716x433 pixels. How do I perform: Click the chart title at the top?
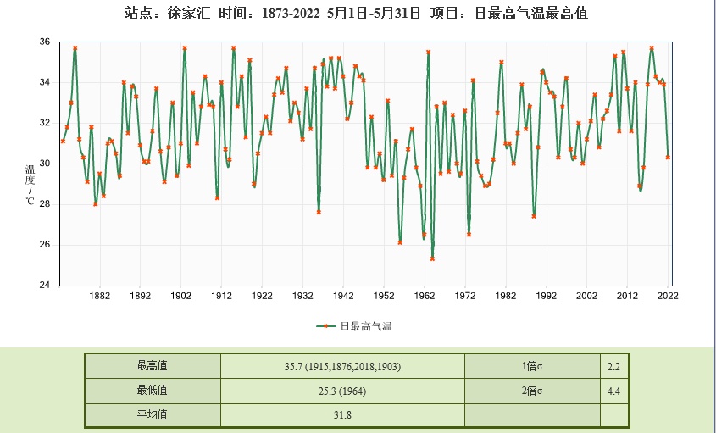coord(357,14)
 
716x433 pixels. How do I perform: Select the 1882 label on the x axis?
coord(100,296)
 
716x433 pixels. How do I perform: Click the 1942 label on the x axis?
coord(343,296)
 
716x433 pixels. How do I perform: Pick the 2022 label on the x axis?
coord(668,296)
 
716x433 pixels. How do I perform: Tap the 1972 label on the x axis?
coord(465,296)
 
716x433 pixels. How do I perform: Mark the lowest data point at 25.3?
coord(432,258)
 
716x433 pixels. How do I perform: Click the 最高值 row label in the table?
coord(152,366)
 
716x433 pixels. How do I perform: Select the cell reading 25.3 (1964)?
coord(342,391)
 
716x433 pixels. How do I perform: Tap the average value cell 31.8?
coord(342,415)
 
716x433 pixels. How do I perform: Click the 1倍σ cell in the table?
coord(531,366)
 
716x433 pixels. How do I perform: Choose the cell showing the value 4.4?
coord(614,391)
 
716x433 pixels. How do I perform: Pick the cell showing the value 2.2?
coord(614,366)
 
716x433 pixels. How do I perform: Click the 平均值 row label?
coord(152,415)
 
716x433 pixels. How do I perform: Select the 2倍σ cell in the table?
coord(531,391)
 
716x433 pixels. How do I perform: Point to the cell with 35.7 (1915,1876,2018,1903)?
coord(342,366)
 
